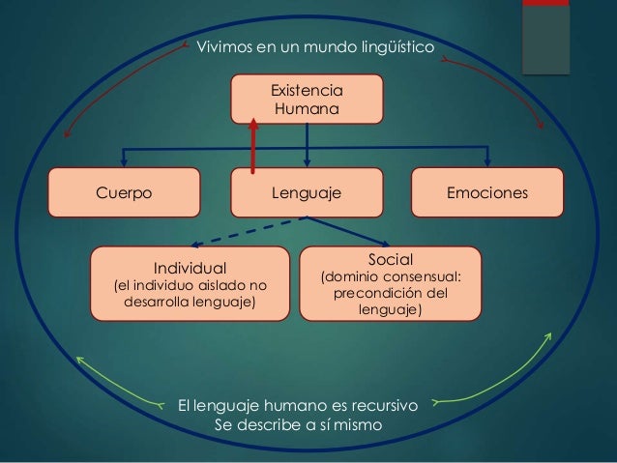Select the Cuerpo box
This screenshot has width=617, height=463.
(x=124, y=192)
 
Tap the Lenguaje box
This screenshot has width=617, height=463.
(x=307, y=192)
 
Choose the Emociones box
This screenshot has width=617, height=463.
(x=487, y=192)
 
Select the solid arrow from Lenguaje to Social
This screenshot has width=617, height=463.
(x=348, y=231)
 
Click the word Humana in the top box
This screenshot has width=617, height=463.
(x=307, y=111)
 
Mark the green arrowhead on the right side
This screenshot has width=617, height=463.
(x=548, y=338)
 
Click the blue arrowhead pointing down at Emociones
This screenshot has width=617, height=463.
(x=489, y=161)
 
